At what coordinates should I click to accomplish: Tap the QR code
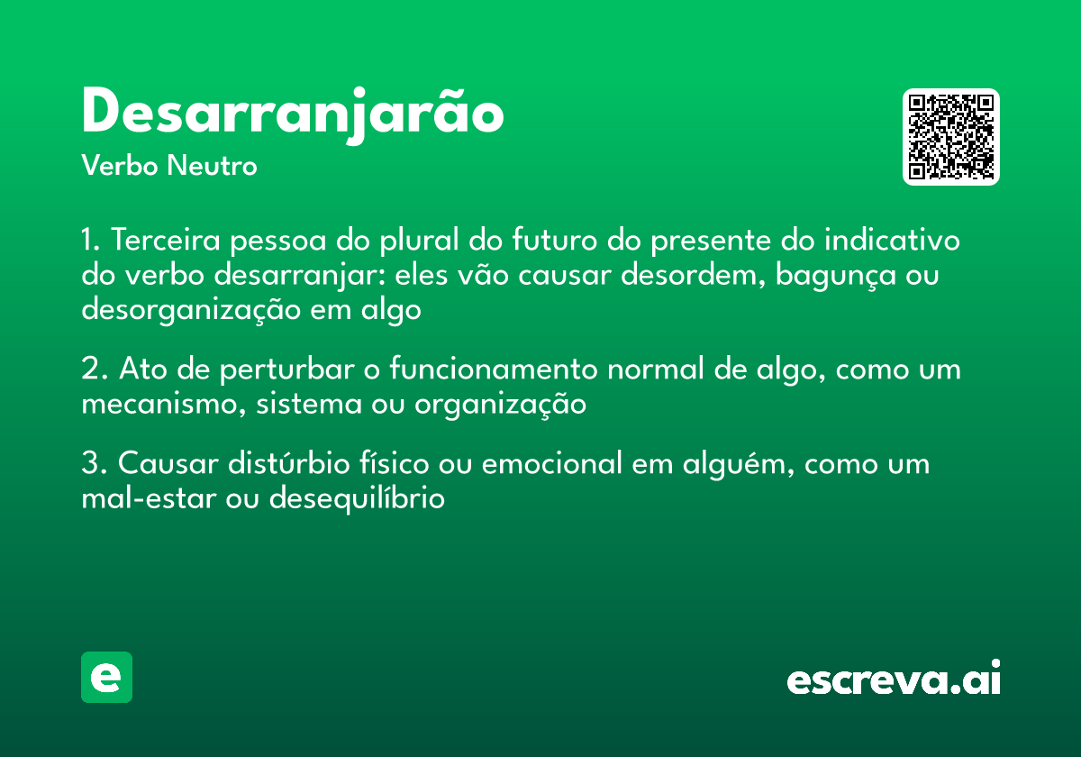coord(951,137)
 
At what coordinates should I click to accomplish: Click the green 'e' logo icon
coord(106,677)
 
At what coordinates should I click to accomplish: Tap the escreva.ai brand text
coord(894,680)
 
